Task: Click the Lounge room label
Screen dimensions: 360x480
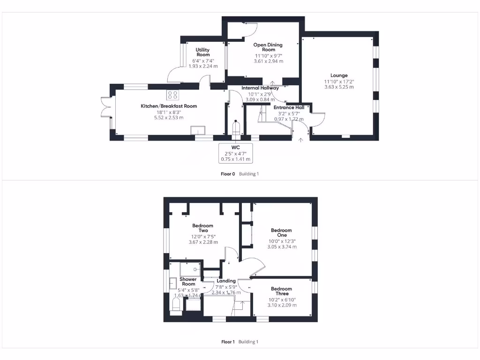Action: pyautogui.click(x=339, y=75)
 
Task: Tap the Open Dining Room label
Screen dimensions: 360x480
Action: pyautogui.click(x=268, y=47)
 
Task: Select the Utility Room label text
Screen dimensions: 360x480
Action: pyautogui.click(x=203, y=52)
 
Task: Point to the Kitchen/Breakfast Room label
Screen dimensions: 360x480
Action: pyautogui.click(x=169, y=106)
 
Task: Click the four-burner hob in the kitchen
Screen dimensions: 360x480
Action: pyautogui.click(x=173, y=95)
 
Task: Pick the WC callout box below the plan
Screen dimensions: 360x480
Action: pyautogui.click(x=236, y=153)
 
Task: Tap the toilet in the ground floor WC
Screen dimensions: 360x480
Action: pyautogui.click(x=236, y=128)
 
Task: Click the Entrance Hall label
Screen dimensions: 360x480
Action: pyautogui.click(x=289, y=107)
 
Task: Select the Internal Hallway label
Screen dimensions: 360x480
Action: pyautogui.click(x=260, y=88)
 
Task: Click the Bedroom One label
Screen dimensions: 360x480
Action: pyautogui.click(x=281, y=233)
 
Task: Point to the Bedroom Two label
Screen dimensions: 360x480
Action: pyautogui.click(x=203, y=228)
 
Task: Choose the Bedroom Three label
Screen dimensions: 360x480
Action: pyautogui.click(x=281, y=292)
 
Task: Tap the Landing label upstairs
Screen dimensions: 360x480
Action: pyautogui.click(x=226, y=281)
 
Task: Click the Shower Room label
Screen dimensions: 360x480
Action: pyautogui.click(x=188, y=282)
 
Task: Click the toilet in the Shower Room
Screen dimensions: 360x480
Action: pyautogui.click(x=176, y=305)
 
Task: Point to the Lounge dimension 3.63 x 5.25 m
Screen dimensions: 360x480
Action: pyautogui.click(x=339, y=87)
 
